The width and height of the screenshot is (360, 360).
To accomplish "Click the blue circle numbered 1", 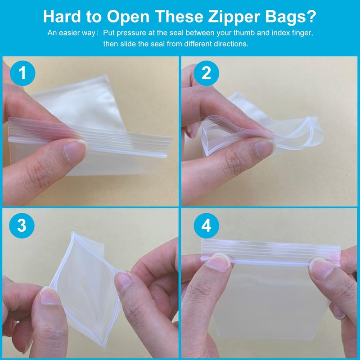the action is [22, 73].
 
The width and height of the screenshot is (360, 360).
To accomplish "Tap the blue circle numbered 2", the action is [206, 73].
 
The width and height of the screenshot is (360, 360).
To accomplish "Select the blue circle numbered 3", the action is [22, 225].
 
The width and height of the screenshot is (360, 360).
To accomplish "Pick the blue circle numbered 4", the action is [206, 225].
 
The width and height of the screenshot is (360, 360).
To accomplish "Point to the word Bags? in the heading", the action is [291, 17].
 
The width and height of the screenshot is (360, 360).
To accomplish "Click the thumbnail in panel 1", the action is [74, 152].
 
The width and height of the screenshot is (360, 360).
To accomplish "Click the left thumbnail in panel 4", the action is [218, 263].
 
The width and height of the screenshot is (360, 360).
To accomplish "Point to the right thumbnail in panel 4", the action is [321, 268].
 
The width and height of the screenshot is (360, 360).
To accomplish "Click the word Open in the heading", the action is [128, 17].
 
